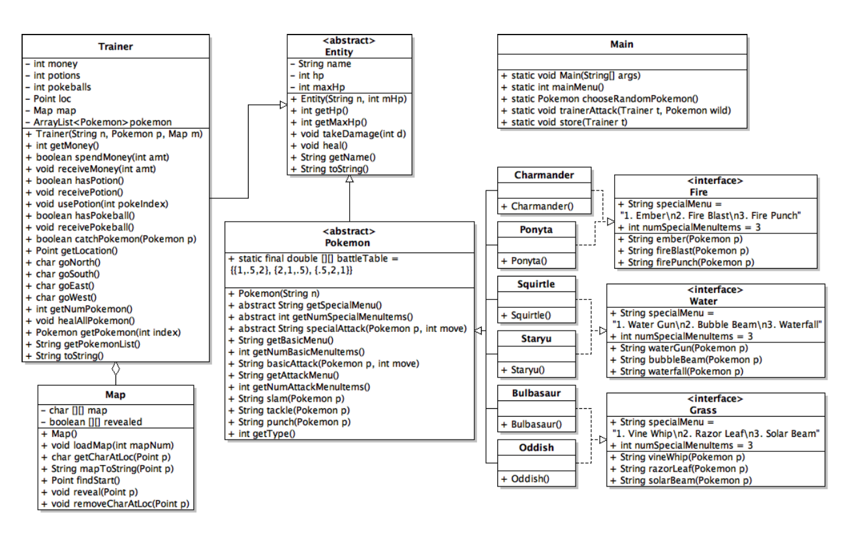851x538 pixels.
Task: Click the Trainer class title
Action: pyautogui.click(x=116, y=46)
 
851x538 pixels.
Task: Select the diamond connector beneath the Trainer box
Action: pyautogui.click(x=116, y=368)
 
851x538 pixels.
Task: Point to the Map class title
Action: pyautogui.click(x=115, y=395)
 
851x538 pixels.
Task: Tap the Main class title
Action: pyautogui.click(x=621, y=44)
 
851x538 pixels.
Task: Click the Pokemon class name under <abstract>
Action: pyautogui.click(x=349, y=243)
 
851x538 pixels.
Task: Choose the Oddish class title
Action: pyautogui.click(x=536, y=448)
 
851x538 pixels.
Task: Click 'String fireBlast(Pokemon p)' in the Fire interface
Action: pyautogui.click(x=683, y=250)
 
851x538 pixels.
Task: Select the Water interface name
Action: pyautogui.click(x=703, y=301)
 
